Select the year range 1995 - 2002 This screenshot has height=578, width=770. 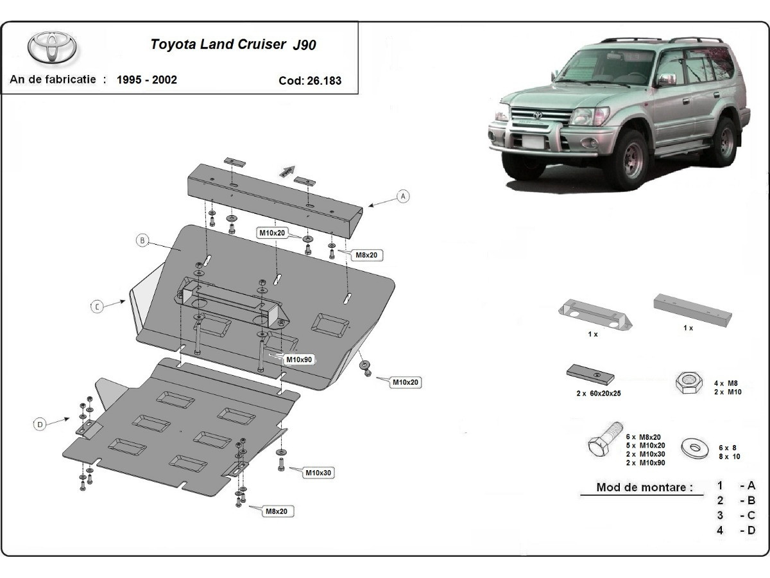[x=147, y=80]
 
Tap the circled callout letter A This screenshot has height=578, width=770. [x=403, y=196]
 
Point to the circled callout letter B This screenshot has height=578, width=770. [x=142, y=241]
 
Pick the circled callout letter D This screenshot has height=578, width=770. [x=40, y=424]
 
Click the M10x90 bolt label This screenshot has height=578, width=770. [x=299, y=360]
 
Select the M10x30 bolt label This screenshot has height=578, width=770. [x=318, y=473]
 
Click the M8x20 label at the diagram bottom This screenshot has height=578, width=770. [x=278, y=511]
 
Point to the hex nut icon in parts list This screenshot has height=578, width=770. [x=688, y=383]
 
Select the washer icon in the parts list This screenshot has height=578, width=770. [x=694, y=446]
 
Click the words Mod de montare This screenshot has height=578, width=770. [x=644, y=487]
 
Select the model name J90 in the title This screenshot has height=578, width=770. [x=304, y=45]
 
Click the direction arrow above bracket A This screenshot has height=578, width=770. [x=287, y=171]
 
